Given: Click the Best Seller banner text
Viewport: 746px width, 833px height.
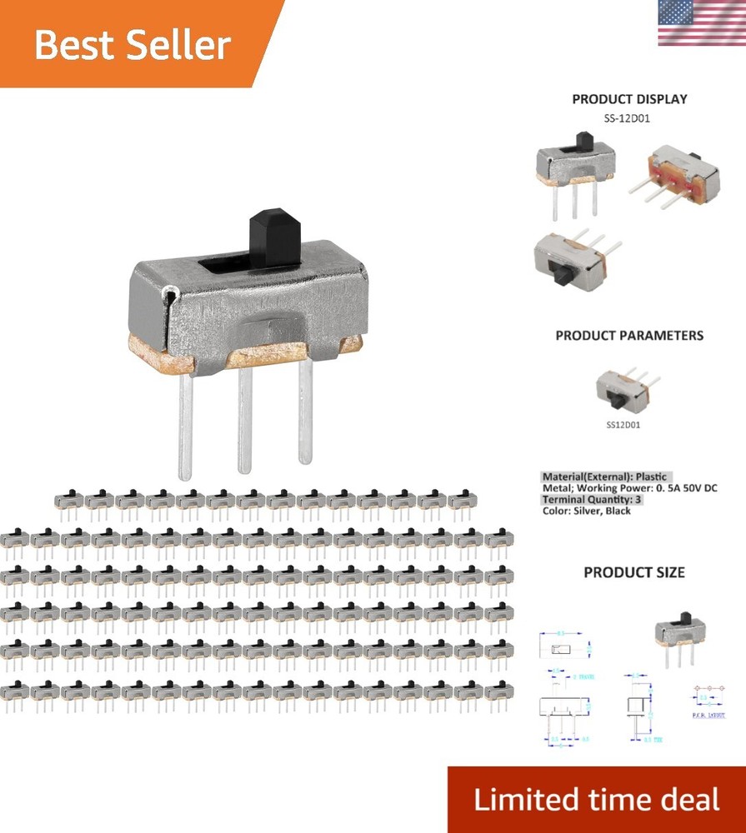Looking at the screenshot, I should pos(132,44).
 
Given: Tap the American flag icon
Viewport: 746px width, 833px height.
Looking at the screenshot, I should pos(701,22).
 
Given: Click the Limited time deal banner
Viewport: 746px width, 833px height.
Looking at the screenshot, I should pos(596,800).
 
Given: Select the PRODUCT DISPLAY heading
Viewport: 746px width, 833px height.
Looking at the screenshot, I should pos(629,99).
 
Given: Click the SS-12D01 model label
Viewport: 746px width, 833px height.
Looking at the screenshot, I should pos(627,118).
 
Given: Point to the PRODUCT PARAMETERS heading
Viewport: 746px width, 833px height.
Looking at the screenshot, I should pos(629,336).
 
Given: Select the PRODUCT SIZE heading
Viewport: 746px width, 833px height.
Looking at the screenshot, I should pos(633,573).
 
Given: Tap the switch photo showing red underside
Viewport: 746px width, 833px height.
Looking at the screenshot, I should pos(673,175).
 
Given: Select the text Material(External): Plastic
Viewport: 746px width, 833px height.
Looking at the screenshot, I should pos(607,477).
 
